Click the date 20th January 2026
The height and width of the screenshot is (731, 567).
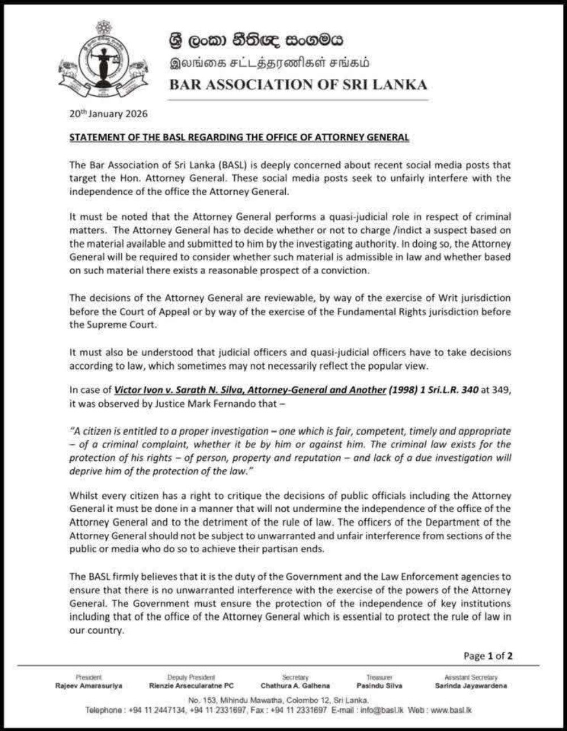(108, 114)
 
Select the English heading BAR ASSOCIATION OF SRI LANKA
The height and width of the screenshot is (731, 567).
(298, 85)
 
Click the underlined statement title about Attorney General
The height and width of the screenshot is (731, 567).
(239, 138)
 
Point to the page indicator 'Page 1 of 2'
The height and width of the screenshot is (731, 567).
(488, 656)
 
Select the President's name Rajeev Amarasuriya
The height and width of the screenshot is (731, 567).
(88, 686)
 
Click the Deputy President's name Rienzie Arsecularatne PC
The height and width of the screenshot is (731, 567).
(192, 686)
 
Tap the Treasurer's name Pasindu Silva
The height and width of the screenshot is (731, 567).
(376, 686)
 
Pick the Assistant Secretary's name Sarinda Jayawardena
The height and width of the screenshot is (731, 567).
(471, 686)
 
